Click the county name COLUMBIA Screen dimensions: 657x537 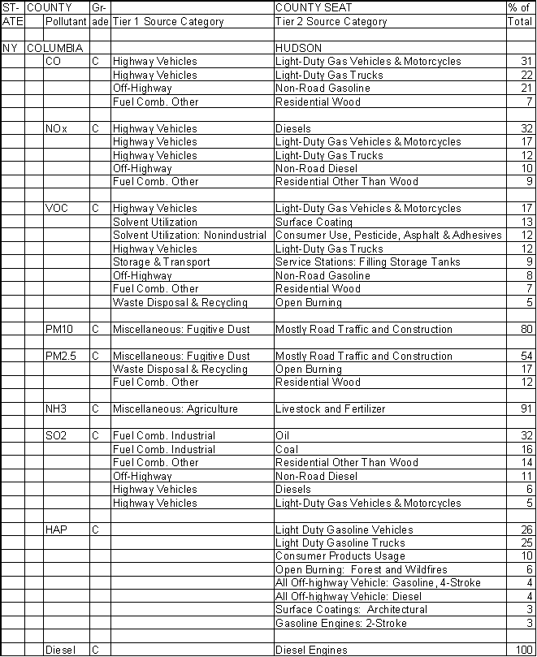click(54, 49)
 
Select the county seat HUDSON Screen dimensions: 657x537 click(298, 49)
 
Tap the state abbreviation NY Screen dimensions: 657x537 click(10, 49)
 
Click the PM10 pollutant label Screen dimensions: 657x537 click(59, 330)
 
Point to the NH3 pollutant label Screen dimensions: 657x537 click(57, 409)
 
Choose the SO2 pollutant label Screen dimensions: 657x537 click(57, 436)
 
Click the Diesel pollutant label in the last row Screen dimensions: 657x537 click(60, 651)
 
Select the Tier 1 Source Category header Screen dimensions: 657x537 click(167, 22)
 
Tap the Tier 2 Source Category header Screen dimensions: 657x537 click(331, 22)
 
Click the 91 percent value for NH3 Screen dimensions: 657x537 click(525, 409)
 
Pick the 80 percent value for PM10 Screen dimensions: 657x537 click(525, 330)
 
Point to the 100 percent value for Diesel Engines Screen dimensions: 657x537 click(522, 651)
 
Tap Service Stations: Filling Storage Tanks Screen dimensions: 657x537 click(367, 262)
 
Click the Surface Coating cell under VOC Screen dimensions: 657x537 click(314, 222)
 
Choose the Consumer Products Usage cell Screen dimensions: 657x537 click(340, 556)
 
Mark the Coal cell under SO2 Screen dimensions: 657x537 click(287, 449)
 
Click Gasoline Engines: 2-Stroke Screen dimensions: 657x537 click(340, 624)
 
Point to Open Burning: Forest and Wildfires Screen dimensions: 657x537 click(361, 570)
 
